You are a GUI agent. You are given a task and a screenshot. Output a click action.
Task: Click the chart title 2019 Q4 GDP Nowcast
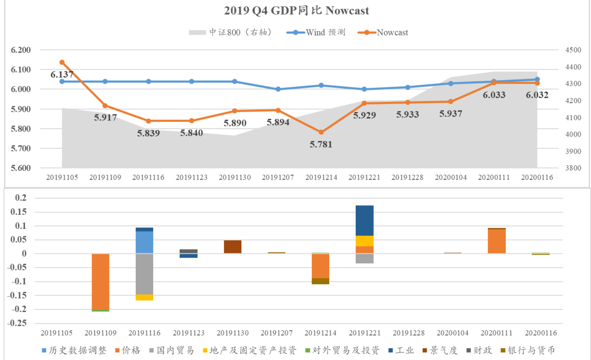point(296,11)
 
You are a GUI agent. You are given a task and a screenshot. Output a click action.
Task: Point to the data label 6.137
point(62,75)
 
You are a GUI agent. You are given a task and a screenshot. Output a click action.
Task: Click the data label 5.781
point(321,144)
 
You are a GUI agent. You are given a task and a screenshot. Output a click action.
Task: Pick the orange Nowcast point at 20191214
point(321,132)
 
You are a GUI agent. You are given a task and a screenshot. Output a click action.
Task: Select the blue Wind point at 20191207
point(278,89)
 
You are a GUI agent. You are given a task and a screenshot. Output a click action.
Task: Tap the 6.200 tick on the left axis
point(21,50)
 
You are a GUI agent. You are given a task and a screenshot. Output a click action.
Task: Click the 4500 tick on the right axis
point(573,50)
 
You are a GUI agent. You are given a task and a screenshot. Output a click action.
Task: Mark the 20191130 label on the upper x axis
point(235,178)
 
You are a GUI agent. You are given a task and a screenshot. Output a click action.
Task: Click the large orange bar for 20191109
point(101,282)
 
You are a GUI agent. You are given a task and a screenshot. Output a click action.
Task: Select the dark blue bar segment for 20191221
point(364,220)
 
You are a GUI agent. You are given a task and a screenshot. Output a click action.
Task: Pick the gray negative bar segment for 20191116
point(144,274)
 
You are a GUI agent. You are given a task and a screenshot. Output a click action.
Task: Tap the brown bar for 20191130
point(233,247)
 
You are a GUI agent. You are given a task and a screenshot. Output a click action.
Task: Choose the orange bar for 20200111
point(497,241)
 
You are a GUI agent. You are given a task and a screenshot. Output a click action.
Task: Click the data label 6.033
point(494,95)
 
